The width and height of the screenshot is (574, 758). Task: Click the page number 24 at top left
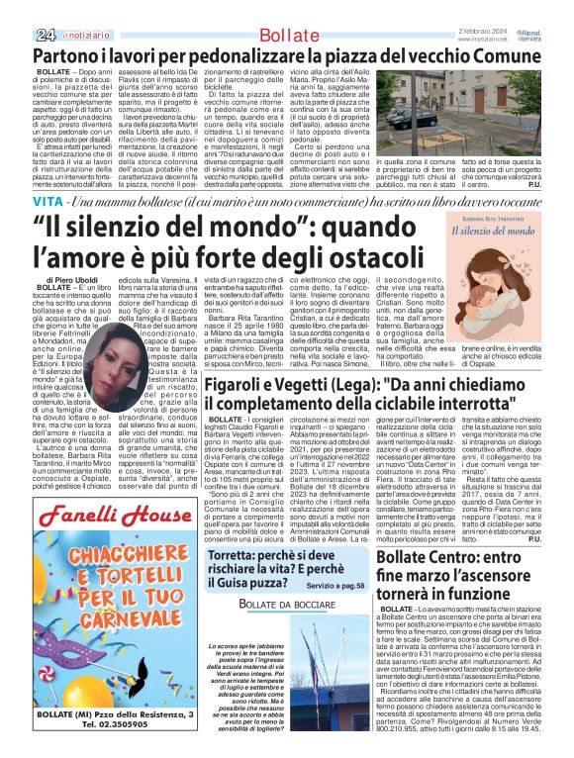coord(19,9)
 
